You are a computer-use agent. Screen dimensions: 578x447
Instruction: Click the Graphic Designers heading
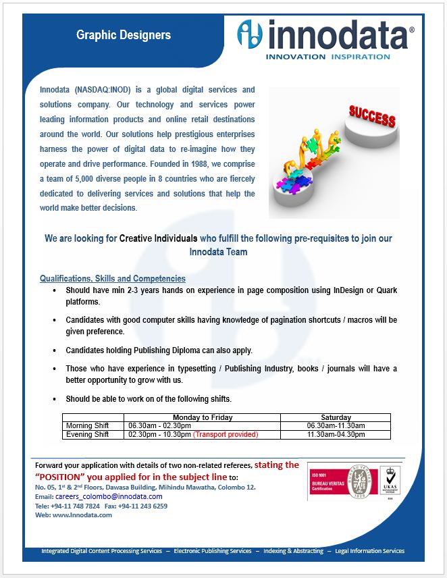[x=123, y=35]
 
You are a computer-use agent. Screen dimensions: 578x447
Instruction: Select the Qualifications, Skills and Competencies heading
[x=112, y=278]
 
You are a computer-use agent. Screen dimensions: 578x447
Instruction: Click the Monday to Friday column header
[x=202, y=417]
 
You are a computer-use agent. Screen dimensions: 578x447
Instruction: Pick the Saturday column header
[x=336, y=417]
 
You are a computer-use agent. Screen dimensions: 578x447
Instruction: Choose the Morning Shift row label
[x=87, y=426]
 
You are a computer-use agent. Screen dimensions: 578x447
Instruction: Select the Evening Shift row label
[x=87, y=435]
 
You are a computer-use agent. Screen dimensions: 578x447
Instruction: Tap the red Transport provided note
[x=226, y=435]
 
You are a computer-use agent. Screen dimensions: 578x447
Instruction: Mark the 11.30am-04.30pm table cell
[x=336, y=435]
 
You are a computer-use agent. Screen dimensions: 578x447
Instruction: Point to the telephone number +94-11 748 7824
[x=75, y=506]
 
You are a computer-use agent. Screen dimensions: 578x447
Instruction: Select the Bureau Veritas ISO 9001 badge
[x=340, y=481]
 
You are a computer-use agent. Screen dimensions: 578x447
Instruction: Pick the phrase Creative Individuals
[x=158, y=238]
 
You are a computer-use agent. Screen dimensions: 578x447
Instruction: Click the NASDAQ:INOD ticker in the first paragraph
[x=104, y=90]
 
